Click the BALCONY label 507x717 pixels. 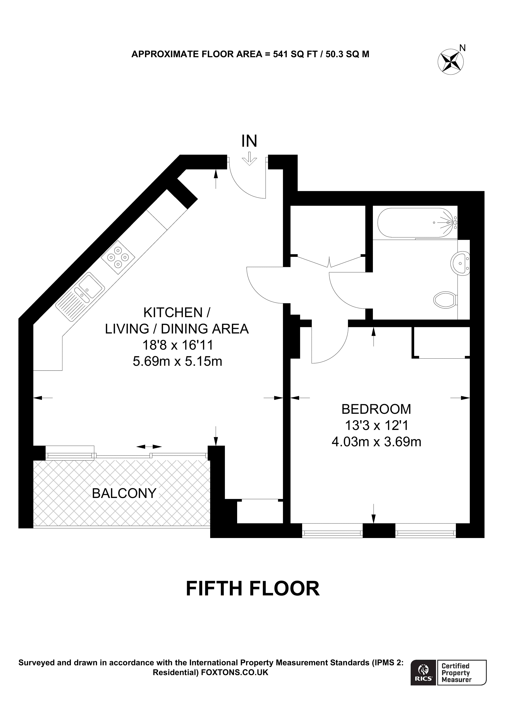pyautogui.click(x=124, y=493)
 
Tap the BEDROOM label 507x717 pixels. pyautogui.click(x=376, y=409)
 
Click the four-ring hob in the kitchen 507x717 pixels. pyautogui.click(x=118, y=257)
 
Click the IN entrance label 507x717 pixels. pyautogui.click(x=249, y=141)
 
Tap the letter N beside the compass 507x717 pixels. pyautogui.click(x=463, y=48)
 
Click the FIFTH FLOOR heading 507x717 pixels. pyautogui.click(x=253, y=589)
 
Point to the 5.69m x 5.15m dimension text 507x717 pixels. pyautogui.click(x=177, y=362)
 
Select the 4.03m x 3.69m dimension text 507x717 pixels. pyautogui.click(x=376, y=442)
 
